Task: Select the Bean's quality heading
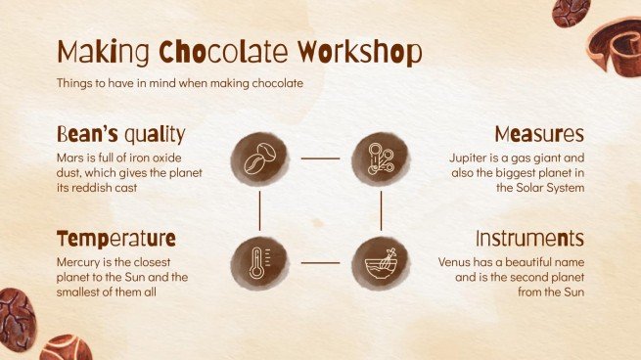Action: pos(120,134)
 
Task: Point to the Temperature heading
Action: pos(116,239)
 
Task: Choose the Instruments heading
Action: pos(529,239)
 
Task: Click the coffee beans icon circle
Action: pos(259,156)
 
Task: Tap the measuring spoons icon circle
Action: pos(380,156)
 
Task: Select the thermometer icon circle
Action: pos(259,261)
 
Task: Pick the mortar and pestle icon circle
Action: pos(380,261)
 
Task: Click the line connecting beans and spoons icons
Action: pos(319,157)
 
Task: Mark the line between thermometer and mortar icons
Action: pos(319,262)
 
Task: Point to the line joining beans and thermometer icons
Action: pos(259,208)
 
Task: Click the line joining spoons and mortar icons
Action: pos(380,208)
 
